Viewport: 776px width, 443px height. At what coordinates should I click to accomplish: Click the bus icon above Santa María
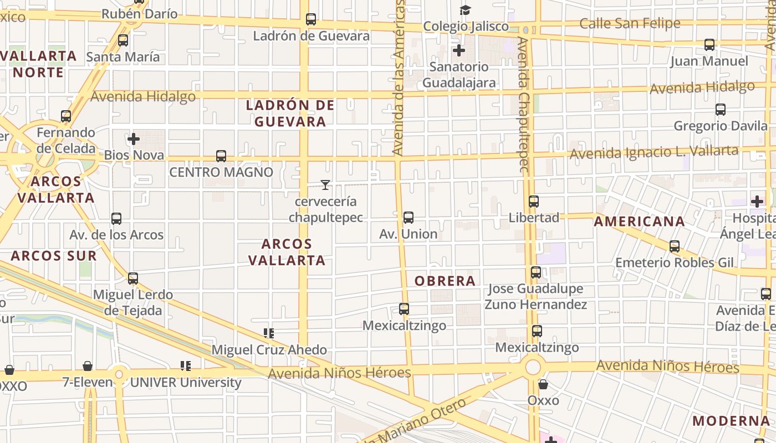tap(123, 40)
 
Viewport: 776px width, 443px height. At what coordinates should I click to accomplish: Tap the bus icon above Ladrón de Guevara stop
tap(311, 19)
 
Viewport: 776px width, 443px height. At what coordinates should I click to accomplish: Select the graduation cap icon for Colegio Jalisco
tap(465, 10)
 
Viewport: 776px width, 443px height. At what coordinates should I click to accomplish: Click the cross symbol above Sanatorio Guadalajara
tap(459, 50)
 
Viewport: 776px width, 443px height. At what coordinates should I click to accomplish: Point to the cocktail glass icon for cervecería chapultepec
tap(325, 185)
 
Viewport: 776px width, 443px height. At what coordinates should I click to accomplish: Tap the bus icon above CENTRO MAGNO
tap(221, 156)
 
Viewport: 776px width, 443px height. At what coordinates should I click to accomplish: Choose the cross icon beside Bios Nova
tap(133, 138)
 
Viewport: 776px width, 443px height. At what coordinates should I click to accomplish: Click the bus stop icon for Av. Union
tap(409, 218)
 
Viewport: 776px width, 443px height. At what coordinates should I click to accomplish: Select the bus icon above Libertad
tap(534, 202)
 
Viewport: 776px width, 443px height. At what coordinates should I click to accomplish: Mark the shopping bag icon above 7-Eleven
tap(88, 366)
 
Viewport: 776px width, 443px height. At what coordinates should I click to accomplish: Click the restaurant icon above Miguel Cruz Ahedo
tap(269, 333)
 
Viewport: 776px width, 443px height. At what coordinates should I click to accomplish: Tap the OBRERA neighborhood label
tap(445, 281)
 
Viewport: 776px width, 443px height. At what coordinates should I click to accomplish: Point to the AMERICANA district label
tap(639, 222)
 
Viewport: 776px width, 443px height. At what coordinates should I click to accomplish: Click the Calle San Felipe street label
tap(630, 23)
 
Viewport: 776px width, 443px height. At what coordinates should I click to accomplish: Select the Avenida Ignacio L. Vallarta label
tap(654, 152)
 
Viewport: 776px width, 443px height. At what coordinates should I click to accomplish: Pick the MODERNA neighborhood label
tap(731, 421)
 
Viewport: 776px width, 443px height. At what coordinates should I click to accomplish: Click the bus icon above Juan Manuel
tap(709, 45)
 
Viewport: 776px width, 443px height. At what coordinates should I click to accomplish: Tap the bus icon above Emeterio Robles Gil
tap(675, 246)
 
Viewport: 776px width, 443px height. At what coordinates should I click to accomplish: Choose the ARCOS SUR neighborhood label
tap(54, 256)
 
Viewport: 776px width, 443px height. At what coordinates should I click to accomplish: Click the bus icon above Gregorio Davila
tap(721, 110)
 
